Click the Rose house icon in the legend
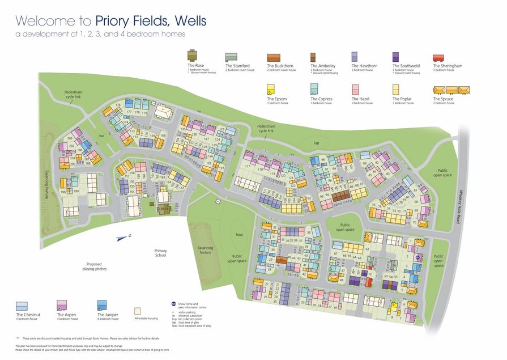point(192,56)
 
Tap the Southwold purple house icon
point(395,56)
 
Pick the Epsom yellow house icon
point(270,90)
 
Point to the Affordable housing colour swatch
point(137,311)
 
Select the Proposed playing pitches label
point(96,266)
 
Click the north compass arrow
point(122,238)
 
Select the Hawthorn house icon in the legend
point(355,56)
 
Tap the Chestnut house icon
point(22,307)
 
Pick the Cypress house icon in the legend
point(314,89)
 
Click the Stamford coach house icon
point(231,57)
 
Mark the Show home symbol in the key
point(173,304)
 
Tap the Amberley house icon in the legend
point(313,57)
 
